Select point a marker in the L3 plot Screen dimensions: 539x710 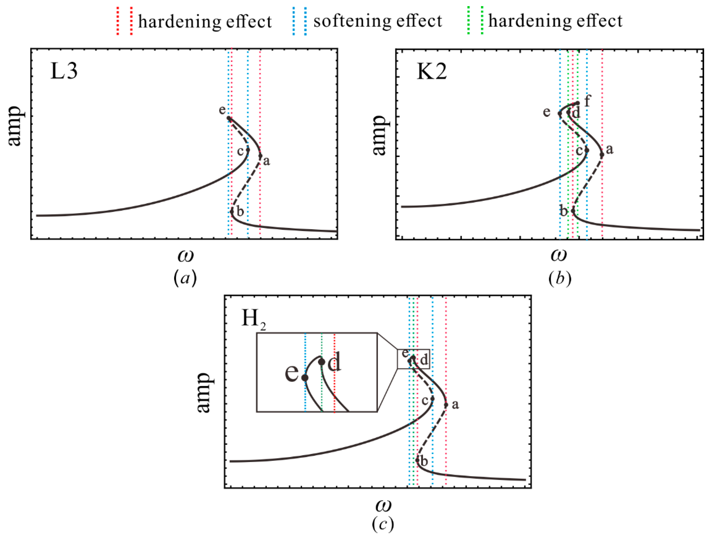260,156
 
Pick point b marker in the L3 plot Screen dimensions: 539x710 232,212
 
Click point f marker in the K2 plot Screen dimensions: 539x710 578,103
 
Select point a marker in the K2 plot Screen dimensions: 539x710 602,155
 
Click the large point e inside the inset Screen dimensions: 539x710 305,378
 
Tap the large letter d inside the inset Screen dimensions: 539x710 334,363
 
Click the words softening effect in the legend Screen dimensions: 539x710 378,21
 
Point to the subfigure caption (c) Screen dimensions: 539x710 383,524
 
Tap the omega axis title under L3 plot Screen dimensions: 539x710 185,256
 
